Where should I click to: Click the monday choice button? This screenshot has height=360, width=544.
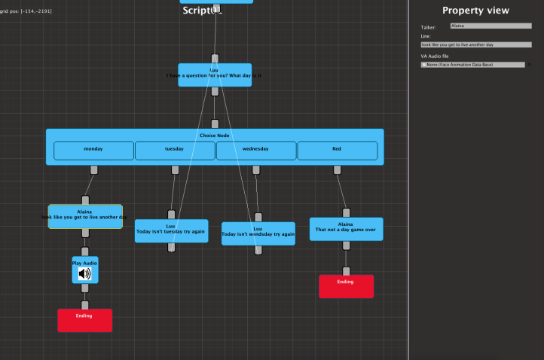tap(93, 150)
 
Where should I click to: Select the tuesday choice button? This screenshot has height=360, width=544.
tap(175, 150)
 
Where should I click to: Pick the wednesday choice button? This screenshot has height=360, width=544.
tap(256, 150)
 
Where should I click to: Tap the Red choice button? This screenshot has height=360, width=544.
tap(337, 150)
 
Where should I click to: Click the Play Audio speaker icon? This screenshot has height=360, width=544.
tap(85, 273)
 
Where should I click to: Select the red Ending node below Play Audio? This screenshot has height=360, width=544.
tap(84, 320)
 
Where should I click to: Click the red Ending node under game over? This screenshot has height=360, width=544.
tap(346, 286)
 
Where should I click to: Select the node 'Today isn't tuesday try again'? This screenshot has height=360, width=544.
tap(171, 231)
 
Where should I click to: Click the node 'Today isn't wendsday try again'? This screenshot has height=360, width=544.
tap(258, 233)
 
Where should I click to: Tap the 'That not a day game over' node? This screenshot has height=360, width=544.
tap(346, 229)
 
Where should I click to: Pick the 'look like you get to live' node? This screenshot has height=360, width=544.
tap(85, 216)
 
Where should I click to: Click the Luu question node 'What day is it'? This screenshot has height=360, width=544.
tap(215, 75)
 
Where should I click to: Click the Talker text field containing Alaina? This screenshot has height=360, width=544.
tap(490, 26)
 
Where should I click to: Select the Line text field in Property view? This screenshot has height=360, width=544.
tap(475, 45)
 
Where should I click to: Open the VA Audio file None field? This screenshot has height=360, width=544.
tap(472, 65)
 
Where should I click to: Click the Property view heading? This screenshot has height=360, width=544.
tap(475, 11)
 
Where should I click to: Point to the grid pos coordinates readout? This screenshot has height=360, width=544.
tap(26, 11)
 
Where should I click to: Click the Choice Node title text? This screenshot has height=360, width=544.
tap(214, 136)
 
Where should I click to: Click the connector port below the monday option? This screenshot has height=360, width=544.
tap(93, 169)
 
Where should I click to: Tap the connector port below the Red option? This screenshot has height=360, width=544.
tap(337, 169)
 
